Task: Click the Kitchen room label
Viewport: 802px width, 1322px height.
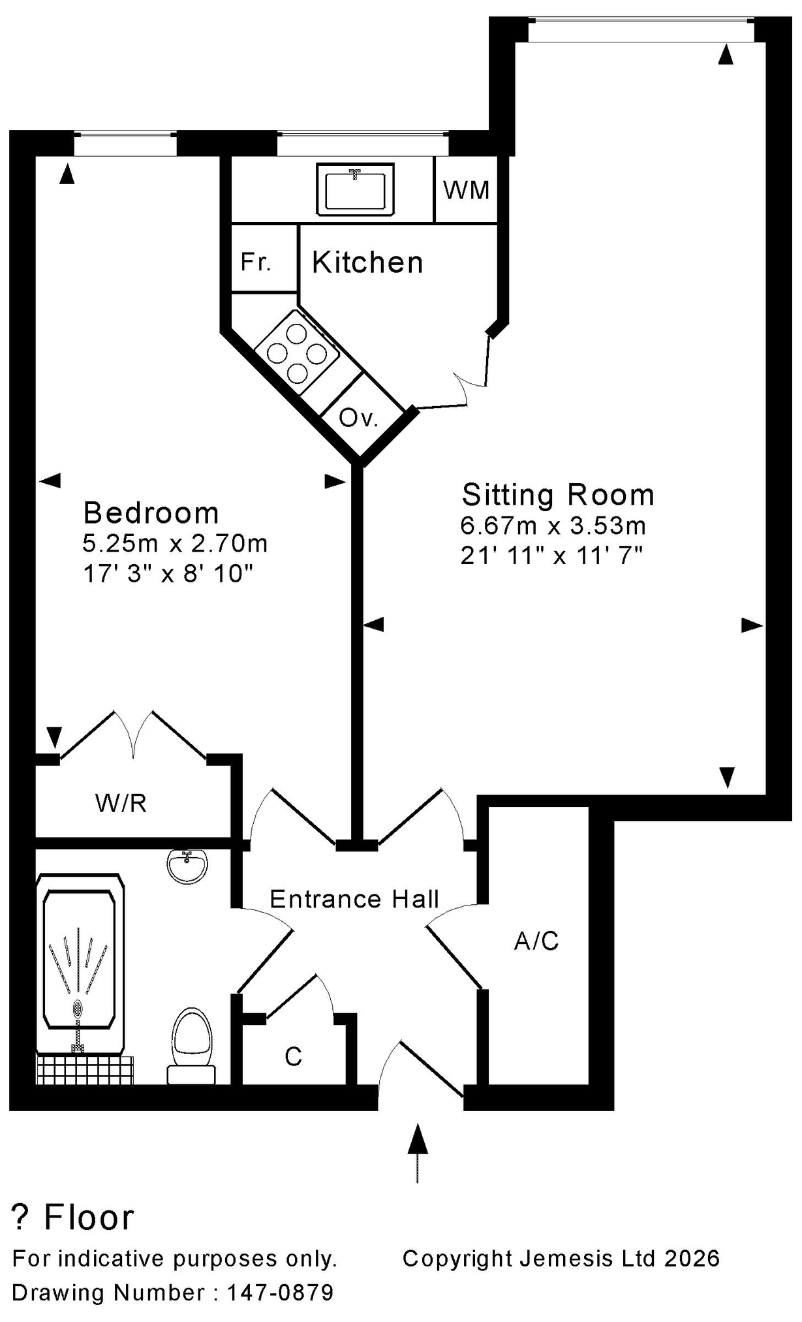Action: pyautogui.click(x=367, y=262)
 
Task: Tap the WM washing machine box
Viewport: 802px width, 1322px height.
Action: pyautogui.click(x=467, y=189)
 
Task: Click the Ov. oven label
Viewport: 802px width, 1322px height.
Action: pyautogui.click(x=359, y=418)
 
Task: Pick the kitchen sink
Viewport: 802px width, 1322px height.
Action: pyautogui.click(x=355, y=189)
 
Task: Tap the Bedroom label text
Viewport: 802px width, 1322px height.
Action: pyautogui.click(x=151, y=513)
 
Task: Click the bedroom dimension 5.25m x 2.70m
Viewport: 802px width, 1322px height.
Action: pyautogui.click(x=176, y=543)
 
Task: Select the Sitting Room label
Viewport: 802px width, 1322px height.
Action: pyautogui.click(x=558, y=495)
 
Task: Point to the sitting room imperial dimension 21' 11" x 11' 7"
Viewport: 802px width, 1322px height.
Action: pyautogui.click(x=552, y=556)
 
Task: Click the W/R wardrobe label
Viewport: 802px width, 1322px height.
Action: pyautogui.click(x=121, y=803)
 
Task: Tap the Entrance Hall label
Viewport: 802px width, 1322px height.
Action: pyautogui.click(x=354, y=899)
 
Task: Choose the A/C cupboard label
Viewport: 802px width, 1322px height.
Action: pyautogui.click(x=536, y=941)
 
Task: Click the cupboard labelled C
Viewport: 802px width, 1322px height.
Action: pyautogui.click(x=294, y=1056)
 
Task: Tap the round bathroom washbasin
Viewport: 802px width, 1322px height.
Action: pyautogui.click(x=187, y=866)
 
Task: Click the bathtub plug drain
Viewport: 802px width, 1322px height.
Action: pyautogui.click(x=78, y=1009)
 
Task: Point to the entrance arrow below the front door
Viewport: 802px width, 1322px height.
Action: pyautogui.click(x=418, y=1153)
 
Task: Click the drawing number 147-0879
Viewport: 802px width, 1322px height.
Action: pyautogui.click(x=280, y=1293)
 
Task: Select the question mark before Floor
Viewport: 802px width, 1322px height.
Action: pyautogui.click(x=22, y=1217)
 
